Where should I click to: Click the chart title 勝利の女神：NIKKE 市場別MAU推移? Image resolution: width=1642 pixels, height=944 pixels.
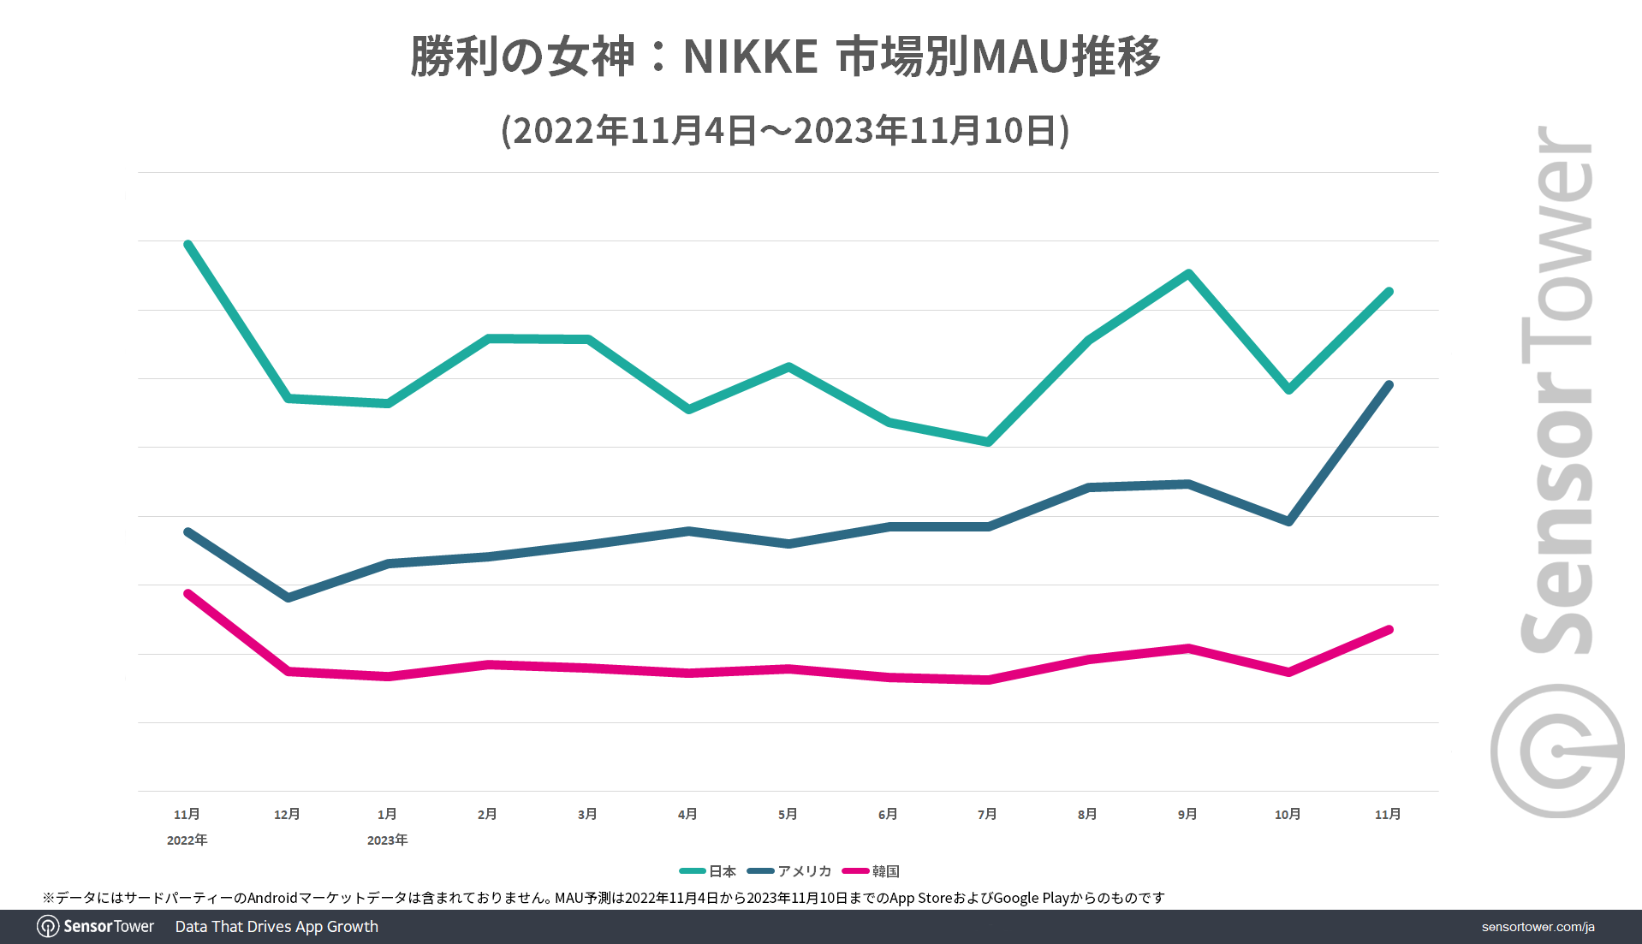[785, 56]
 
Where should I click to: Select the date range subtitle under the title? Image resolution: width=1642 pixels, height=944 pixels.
[785, 131]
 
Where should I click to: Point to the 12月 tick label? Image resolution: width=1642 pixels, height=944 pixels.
[287, 814]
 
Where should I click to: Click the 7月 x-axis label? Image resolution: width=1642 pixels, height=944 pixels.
[987, 814]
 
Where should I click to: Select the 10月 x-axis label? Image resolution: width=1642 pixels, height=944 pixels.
[1288, 814]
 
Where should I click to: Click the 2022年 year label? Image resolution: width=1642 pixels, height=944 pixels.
[187, 840]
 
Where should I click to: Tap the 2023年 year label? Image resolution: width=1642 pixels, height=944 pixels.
[387, 840]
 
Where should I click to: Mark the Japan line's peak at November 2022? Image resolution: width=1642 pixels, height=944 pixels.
[187, 245]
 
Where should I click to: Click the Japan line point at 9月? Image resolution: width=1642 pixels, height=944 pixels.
[1188, 273]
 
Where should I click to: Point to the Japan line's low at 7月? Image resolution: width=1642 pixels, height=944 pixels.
[989, 442]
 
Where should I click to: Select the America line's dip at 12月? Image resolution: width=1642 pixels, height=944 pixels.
[288, 597]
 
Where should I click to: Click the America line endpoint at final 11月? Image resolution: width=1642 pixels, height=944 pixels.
[1389, 385]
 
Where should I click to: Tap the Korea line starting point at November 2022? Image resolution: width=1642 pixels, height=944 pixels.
[187, 593]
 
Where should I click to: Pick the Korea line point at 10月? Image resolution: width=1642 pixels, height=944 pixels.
[1288, 672]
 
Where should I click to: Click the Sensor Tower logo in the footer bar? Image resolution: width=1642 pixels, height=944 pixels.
[95, 926]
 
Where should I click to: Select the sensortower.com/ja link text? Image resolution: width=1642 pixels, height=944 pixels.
[1538, 927]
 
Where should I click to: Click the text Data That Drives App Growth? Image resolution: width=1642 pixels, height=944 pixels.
[277, 926]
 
